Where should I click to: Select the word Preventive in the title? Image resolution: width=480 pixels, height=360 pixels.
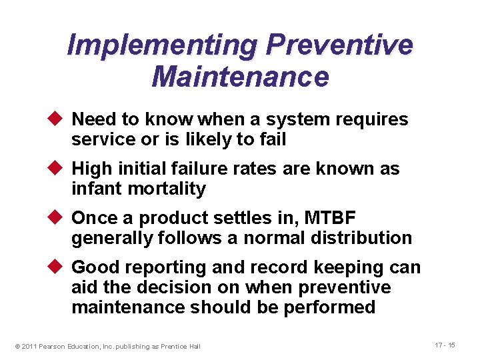point(339,46)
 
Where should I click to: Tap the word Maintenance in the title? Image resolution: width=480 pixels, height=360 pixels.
point(240,77)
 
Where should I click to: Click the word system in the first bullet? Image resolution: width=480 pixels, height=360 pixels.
point(291,120)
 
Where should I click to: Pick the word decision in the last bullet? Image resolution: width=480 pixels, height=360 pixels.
point(174,287)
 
